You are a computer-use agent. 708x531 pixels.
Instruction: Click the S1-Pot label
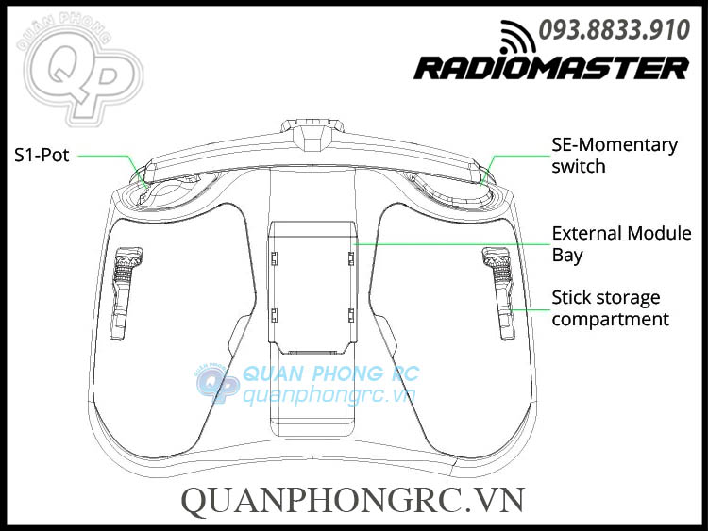[42, 156]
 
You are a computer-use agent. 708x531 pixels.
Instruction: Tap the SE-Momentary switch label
[614, 156]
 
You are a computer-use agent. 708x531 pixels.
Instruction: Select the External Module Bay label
[621, 243]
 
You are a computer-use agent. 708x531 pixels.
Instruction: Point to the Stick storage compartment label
[609, 308]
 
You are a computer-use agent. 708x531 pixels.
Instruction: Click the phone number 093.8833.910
[614, 30]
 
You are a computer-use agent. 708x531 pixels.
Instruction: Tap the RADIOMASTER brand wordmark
[551, 68]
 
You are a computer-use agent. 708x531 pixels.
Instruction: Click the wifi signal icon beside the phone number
[517, 35]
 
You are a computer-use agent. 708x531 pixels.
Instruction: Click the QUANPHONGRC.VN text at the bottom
[352, 500]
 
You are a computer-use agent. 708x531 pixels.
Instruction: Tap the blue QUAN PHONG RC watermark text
[330, 374]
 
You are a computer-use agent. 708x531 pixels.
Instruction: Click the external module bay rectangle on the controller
[311, 278]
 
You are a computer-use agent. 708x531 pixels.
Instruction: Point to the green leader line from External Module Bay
[444, 243]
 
